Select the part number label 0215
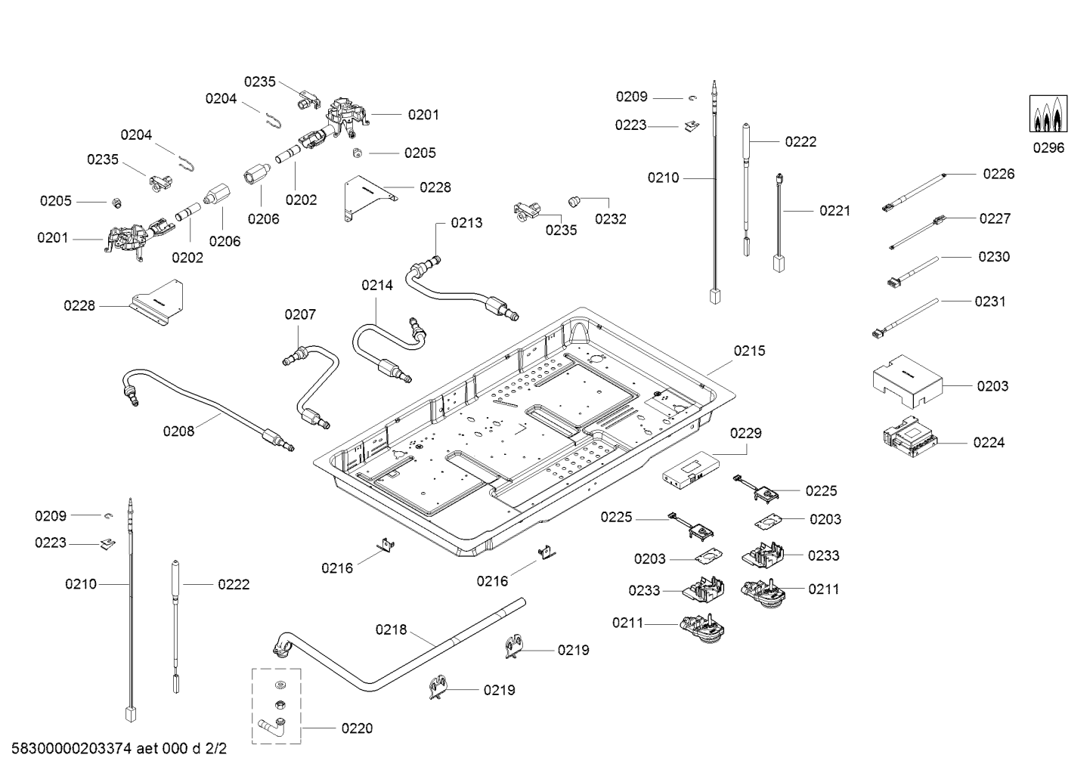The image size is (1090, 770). [x=749, y=351]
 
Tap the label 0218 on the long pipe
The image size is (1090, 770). [x=391, y=629]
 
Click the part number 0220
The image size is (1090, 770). [x=357, y=728]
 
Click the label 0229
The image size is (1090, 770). [x=745, y=433]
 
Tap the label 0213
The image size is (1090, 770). [x=466, y=223]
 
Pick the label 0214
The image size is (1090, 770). [x=377, y=285]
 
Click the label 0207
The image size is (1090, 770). [x=300, y=314]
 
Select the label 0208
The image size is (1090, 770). [x=178, y=431]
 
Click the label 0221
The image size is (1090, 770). [x=835, y=211]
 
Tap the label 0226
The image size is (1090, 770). [x=999, y=174]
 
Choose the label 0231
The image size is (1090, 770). [x=989, y=302]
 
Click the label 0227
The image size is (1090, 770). [x=995, y=218]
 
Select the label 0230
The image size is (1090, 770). [x=993, y=257]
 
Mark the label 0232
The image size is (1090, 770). [x=610, y=219]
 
